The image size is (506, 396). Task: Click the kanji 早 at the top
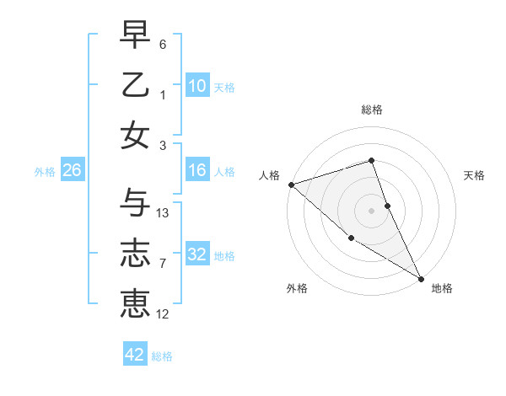coord(136,35)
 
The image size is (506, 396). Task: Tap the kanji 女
coord(136,135)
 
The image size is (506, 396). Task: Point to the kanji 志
coord(136,253)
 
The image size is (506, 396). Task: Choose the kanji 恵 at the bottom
coord(136,302)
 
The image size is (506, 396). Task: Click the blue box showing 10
coord(196,85)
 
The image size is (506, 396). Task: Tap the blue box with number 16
coord(196,171)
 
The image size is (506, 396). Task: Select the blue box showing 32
coord(196,254)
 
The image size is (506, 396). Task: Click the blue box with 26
coord(72,171)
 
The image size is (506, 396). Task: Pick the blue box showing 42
coord(135,355)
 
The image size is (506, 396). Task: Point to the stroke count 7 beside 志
coord(162,264)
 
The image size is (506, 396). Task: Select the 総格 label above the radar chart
coord(371,110)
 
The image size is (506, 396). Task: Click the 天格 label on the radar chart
coord(474,175)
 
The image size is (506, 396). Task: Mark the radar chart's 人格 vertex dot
coord(290,184)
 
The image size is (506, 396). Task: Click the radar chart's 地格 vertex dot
coord(421,278)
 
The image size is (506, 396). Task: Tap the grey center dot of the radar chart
coord(371,211)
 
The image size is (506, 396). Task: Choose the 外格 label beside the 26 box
coord(44,172)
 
